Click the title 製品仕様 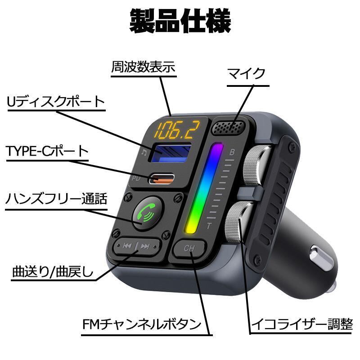tap(180, 21)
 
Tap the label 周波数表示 tap(143, 67)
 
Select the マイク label tap(246, 74)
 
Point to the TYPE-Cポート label tap(47, 151)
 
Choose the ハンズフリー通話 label tap(57, 198)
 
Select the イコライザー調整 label tap(302, 324)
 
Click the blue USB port tap(170, 153)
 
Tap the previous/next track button tap(136, 246)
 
